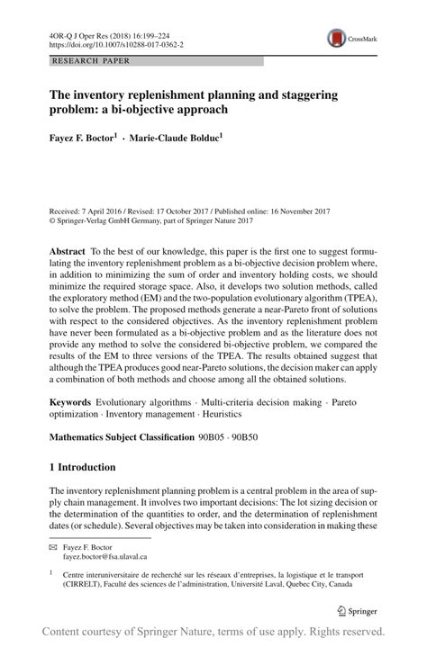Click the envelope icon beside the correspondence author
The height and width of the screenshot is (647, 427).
[55, 547]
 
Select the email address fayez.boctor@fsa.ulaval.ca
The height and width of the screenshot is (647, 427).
[112, 557]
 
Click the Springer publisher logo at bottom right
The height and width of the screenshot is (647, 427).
[357, 609]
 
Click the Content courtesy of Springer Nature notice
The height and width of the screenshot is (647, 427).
[213, 632]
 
